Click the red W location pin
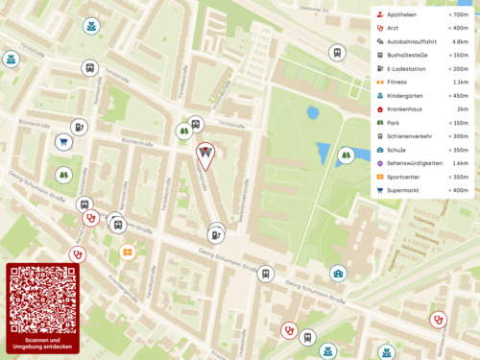pos(205,154)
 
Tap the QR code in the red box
pos(42,299)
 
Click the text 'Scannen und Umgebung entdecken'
pos(42,344)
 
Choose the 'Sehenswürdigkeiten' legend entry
pos(415,163)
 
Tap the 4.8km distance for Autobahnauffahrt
pos(460,42)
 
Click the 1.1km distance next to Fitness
pos(460,83)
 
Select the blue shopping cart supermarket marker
pos(64,143)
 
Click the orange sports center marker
pos(127,252)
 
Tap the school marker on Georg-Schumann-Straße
pos(338,275)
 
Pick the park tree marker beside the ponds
pos(346,155)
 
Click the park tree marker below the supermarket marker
pos(63,176)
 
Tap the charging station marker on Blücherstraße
pos(80,127)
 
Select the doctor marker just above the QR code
pos(79,253)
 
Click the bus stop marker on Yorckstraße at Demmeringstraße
pos(89,69)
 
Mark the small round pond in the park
pos(313,112)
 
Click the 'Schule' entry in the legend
pos(396,150)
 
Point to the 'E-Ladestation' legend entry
pos(406,69)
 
